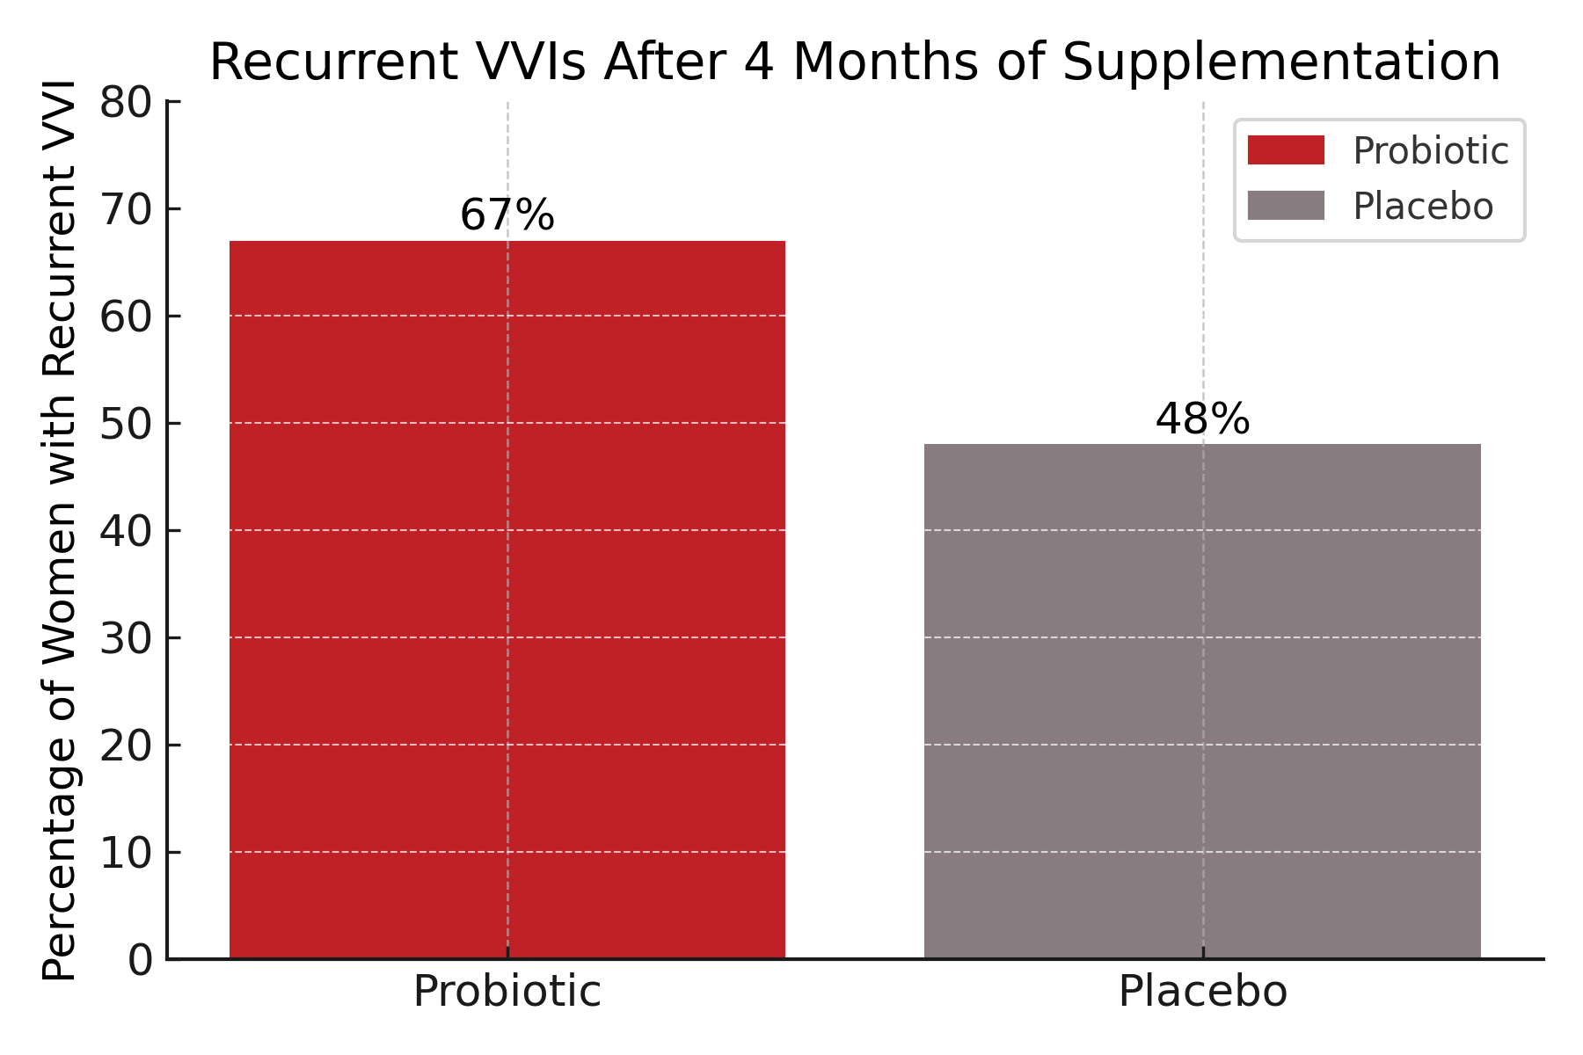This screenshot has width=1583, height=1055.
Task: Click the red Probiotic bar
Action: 507,598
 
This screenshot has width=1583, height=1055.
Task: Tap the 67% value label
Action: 507,215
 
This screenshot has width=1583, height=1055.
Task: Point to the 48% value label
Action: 1202,419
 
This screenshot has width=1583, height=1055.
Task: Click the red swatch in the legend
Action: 1285,150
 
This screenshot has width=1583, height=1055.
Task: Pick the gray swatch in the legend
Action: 1285,206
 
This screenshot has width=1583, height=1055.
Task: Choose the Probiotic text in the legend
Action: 1430,151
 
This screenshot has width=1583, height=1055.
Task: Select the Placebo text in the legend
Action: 1423,207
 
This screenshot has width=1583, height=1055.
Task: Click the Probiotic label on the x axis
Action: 507,992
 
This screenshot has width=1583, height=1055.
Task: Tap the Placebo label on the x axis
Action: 1202,992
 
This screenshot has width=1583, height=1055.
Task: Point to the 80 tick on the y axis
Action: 125,104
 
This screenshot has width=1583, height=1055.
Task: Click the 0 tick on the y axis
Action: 140,960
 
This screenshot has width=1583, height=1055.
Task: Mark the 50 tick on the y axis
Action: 125,424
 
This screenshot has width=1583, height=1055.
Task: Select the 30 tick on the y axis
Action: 125,638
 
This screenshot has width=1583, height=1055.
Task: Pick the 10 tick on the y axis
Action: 125,853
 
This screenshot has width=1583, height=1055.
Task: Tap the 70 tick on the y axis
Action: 125,210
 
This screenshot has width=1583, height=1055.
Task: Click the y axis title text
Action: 60,530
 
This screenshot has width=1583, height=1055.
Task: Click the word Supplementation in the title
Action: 1280,63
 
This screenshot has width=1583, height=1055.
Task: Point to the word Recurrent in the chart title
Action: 334,63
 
